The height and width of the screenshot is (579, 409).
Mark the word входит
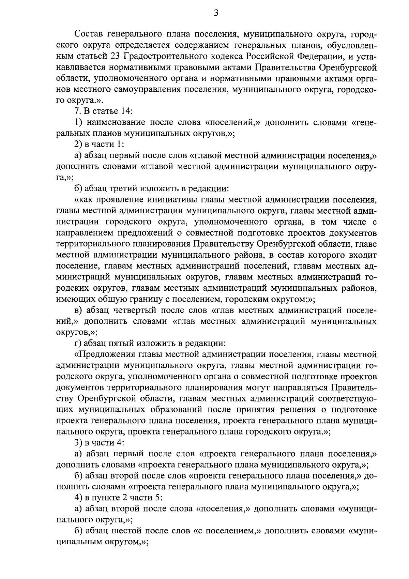point(364,255)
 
